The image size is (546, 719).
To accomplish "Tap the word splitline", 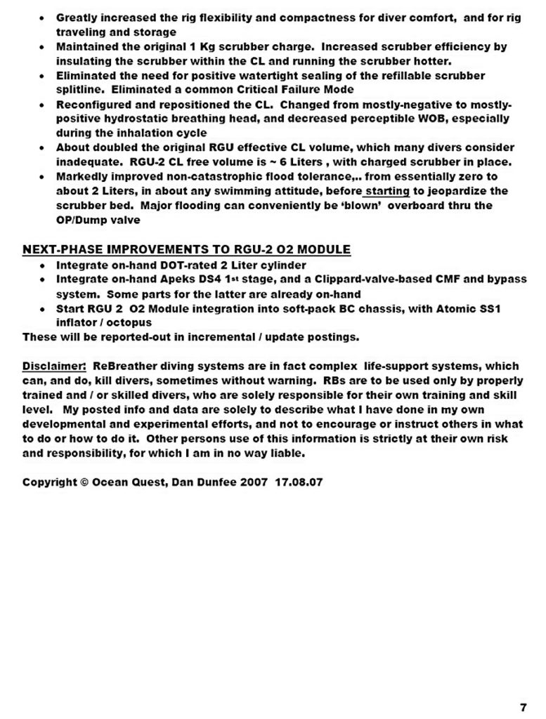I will click(81, 90).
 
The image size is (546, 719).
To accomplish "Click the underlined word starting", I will click(387, 191).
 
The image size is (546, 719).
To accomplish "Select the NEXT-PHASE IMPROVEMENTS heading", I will click(186, 249).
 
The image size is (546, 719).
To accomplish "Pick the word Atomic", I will click(446, 308).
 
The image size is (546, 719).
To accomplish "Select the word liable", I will click(287, 454).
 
